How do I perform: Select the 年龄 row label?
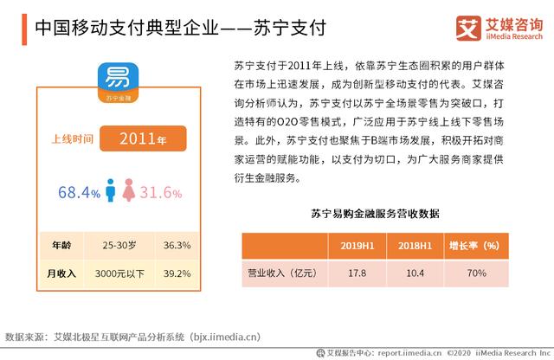[x=61, y=244]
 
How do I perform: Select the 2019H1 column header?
[x=358, y=246]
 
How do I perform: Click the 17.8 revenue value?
[x=358, y=274]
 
